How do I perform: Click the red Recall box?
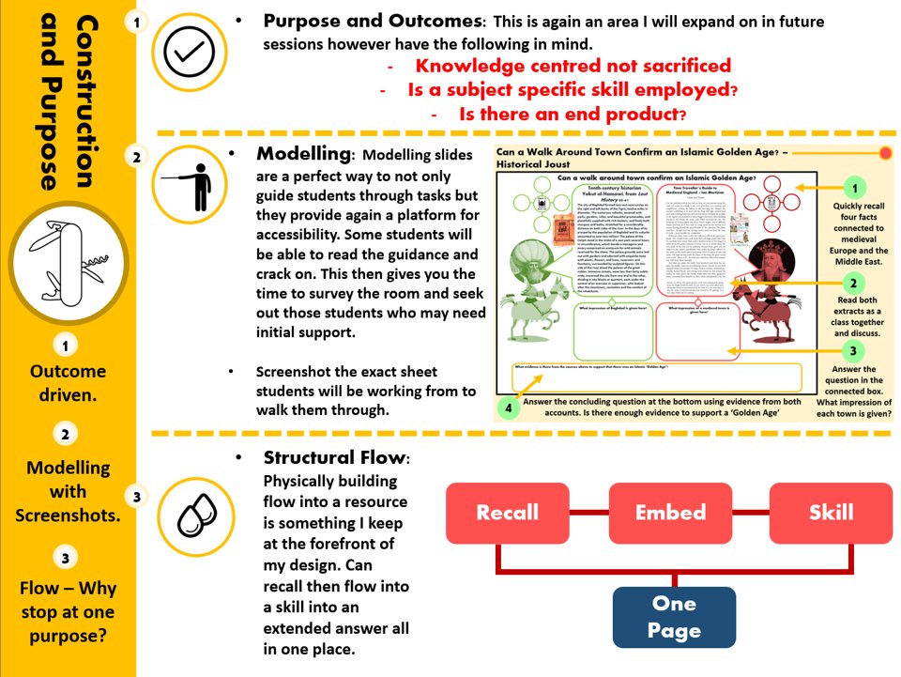(x=508, y=513)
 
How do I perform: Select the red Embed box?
(x=669, y=513)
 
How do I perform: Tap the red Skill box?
(x=831, y=513)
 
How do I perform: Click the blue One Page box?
(x=674, y=617)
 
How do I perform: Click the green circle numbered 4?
(x=508, y=408)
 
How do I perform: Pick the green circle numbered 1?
(x=854, y=187)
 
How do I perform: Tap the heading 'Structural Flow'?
(x=335, y=458)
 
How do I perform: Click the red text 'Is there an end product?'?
(x=573, y=115)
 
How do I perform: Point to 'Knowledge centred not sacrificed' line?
(x=573, y=66)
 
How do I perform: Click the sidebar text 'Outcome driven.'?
(x=67, y=382)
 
